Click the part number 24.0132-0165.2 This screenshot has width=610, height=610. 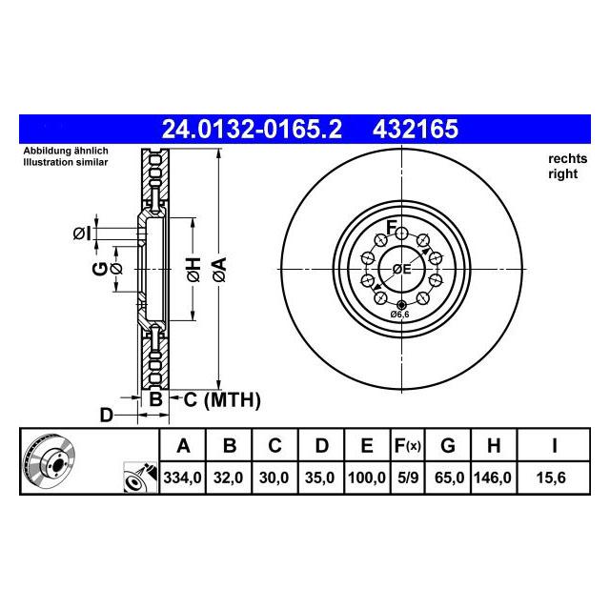pos(252,130)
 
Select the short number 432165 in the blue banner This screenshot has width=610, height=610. pos(416,130)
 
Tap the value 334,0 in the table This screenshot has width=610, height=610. pos(182,478)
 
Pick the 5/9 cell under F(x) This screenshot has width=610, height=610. pos(408,478)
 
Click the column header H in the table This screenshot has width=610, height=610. pos(494,445)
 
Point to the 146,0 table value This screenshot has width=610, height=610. pos(493,478)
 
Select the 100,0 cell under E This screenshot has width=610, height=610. pos(367,478)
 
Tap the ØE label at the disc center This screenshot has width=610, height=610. pos(401,269)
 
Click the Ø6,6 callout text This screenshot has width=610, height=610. pos(400,315)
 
